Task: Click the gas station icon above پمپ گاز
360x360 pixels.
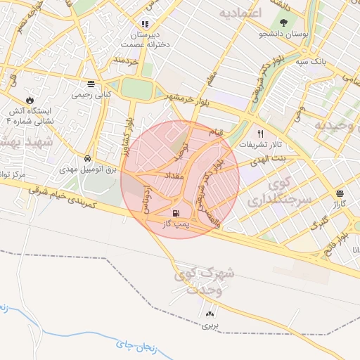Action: coord(175,212)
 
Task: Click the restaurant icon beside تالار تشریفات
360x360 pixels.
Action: coord(260,133)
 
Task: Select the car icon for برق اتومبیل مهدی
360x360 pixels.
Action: coord(86,158)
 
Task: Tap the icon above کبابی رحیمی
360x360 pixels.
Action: coord(91,82)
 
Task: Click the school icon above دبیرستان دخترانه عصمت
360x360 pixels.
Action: coord(144,23)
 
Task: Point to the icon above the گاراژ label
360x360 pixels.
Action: coord(340,192)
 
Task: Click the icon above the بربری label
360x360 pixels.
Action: coord(210,313)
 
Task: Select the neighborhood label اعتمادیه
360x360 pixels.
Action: coord(240,14)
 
